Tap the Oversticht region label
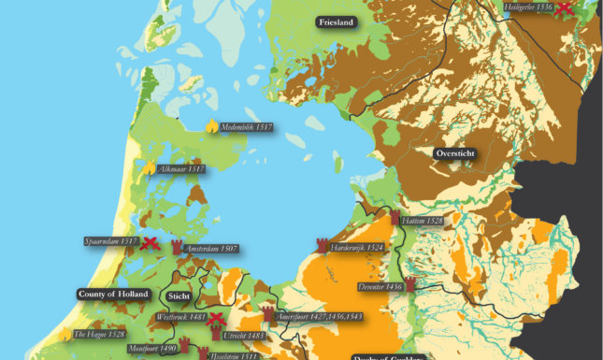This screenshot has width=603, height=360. [x=455, y=152]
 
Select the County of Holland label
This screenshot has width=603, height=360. [x=112, y=294]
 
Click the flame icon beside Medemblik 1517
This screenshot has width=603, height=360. [x=211, y=125]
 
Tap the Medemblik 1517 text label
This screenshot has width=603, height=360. [x=247, y=126]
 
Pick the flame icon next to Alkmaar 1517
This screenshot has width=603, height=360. [x=149, y=169]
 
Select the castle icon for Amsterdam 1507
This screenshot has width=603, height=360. [x=177, y=248]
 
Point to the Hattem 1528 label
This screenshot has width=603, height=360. [x=421, y=222]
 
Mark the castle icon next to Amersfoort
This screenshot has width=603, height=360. [x=267, y=313]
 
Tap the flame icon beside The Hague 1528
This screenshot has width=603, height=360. [x=66, y=334]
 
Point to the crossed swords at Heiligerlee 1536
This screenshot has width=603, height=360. [x=564, y=9]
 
